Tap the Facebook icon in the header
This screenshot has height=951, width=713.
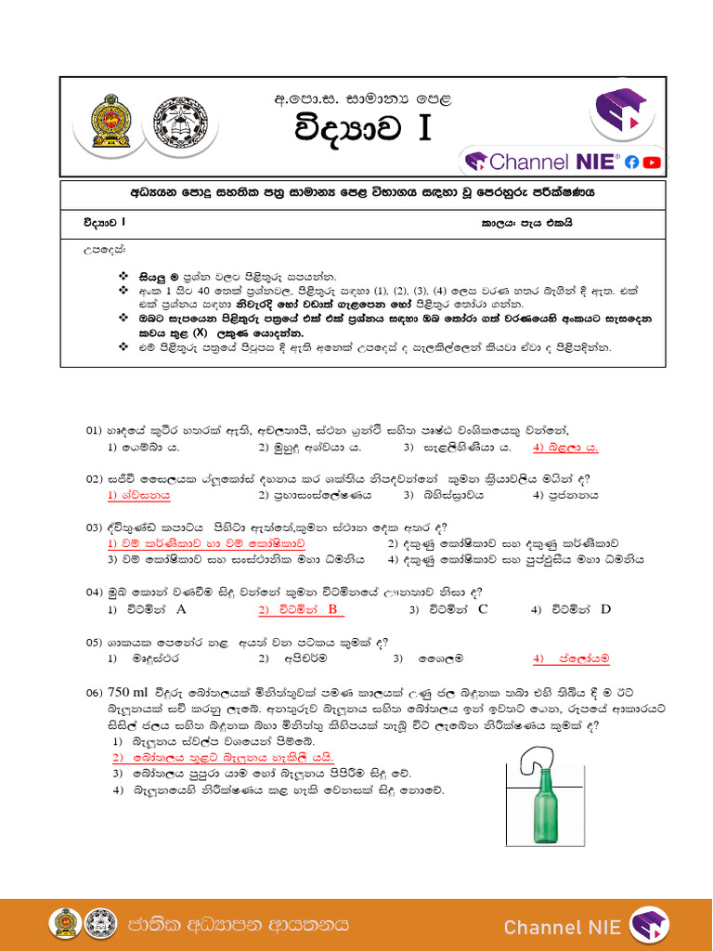[x=632, y=162]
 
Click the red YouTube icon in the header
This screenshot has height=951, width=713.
[x=652, y=162]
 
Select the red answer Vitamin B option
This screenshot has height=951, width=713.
[x=301, y=609]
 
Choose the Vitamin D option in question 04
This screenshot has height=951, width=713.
[x=571, y=609]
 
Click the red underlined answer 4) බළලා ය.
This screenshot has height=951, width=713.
[x=565, y=447]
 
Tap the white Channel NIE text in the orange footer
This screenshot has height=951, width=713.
[x=562, y=927]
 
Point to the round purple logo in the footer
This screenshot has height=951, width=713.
[x=649, y=925]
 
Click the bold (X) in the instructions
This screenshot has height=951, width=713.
[x=200, y=332]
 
